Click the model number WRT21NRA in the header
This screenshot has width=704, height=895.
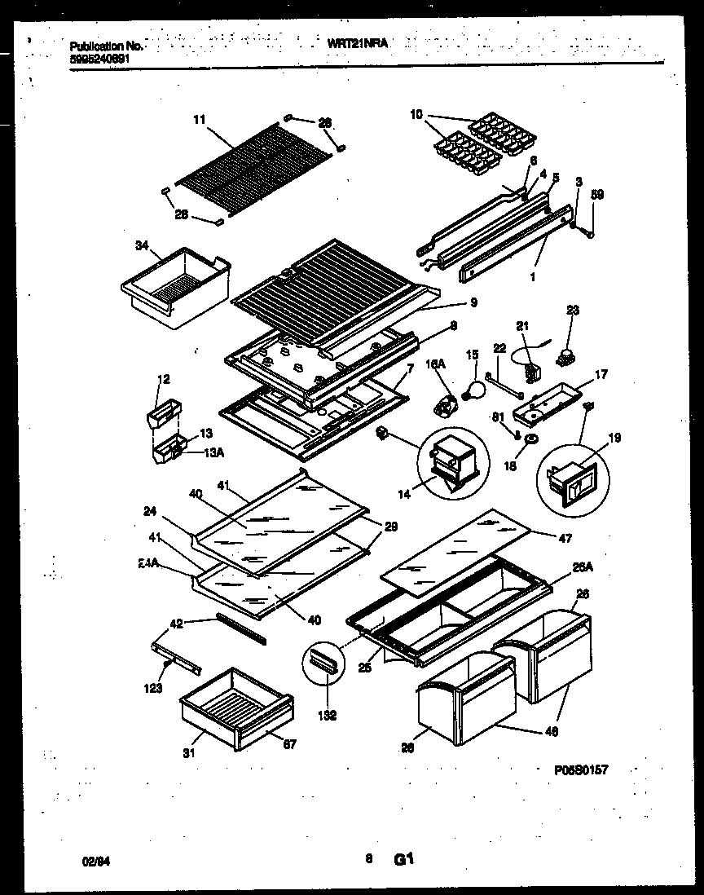358,47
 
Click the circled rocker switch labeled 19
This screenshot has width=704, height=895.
574,479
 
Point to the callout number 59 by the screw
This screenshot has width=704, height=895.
599,196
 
